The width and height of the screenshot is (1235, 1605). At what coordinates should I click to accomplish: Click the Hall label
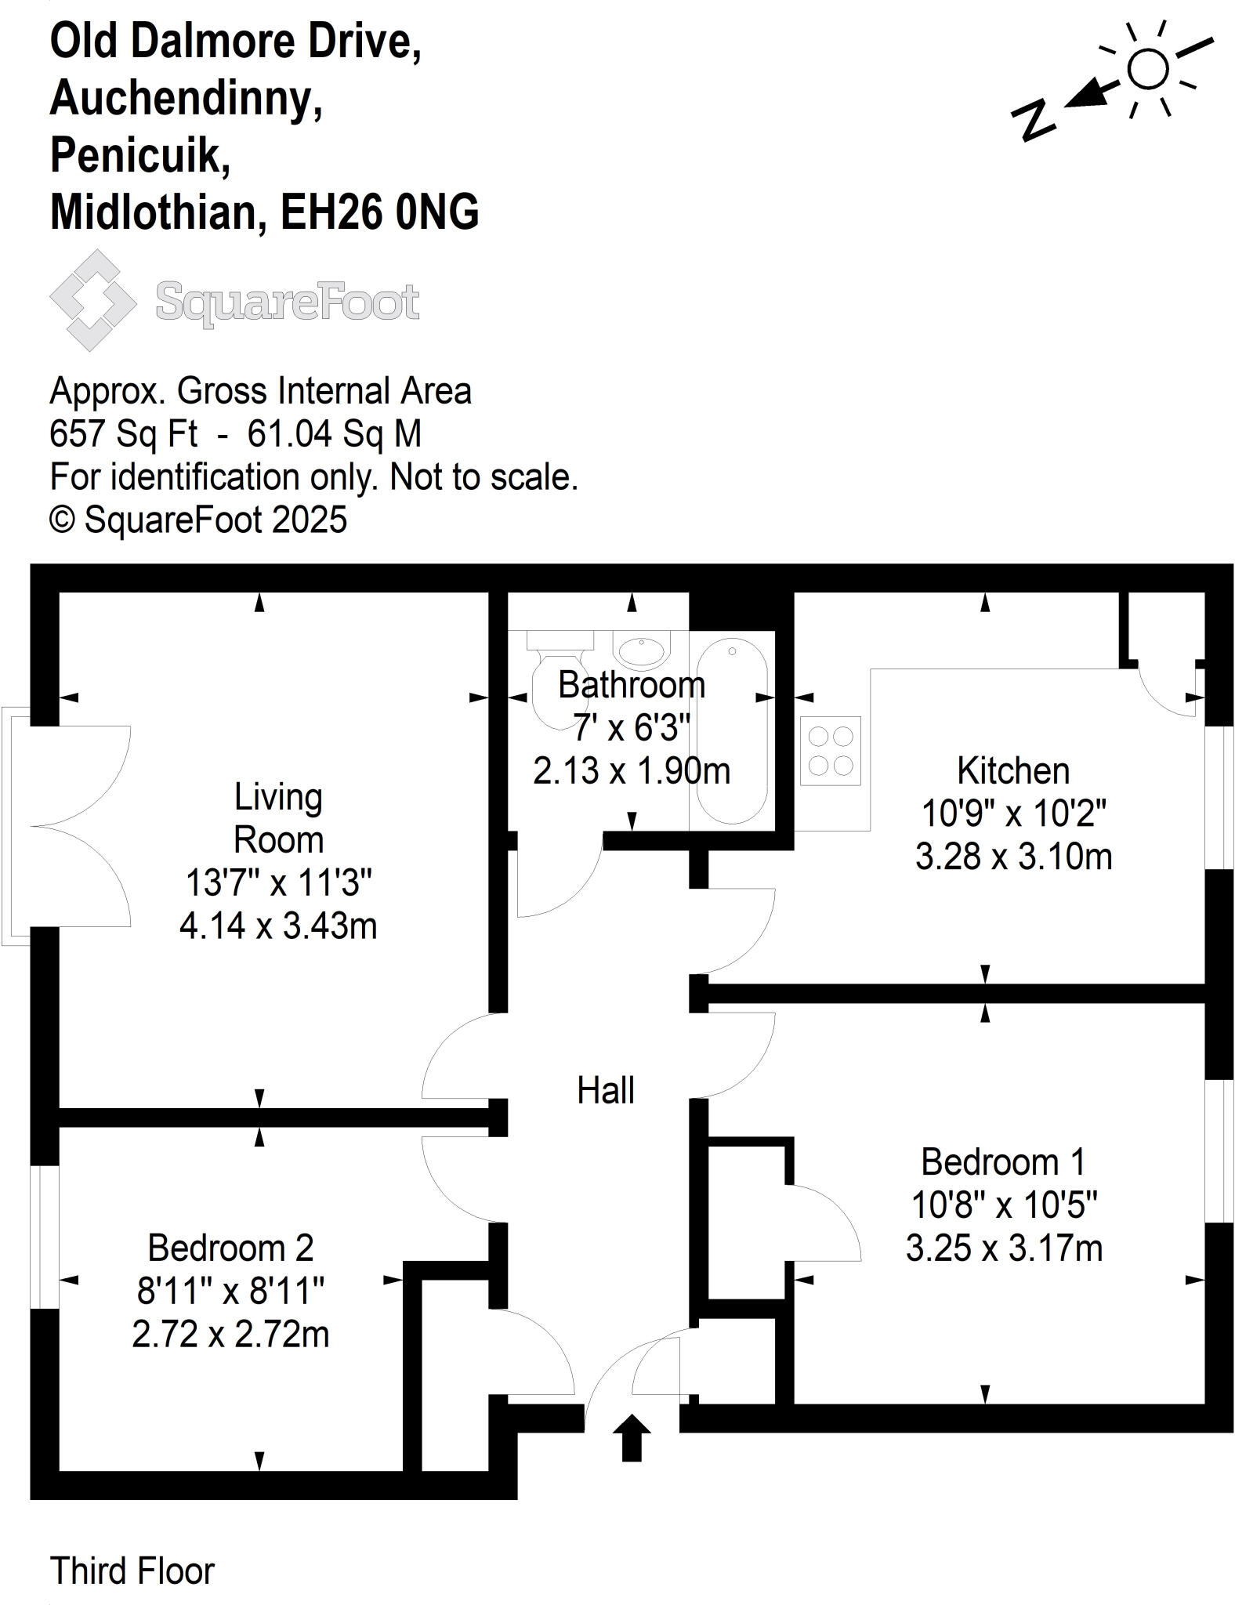tap(605, 1090)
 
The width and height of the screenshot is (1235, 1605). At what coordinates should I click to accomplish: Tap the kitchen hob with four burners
tap(830, 751)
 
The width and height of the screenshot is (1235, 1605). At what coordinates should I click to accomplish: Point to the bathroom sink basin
tap(642, 650)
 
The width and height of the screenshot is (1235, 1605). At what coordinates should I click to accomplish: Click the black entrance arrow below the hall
tap(632, 1437)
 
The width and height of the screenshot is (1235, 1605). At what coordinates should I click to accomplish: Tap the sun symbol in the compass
tap(1147, 69)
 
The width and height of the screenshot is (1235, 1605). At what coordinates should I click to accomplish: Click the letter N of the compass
tap(1034, 119)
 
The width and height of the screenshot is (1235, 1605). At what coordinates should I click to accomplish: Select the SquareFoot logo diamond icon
tap(92, 300)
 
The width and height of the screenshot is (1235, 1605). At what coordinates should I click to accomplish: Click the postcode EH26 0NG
tap(379, 212)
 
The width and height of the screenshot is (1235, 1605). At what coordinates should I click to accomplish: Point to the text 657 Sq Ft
tap(123, 433)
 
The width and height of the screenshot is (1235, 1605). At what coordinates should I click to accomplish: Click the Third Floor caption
tap(132, 1571)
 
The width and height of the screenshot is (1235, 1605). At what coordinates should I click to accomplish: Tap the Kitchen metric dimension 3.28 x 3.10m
tap(1013, 857)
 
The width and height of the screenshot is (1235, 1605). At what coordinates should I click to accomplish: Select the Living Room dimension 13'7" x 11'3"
tap(278, 883)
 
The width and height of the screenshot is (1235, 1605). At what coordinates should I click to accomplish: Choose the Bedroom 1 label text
tap(1004, 1162)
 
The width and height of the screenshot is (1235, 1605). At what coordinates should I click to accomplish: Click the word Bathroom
tap(632, 686)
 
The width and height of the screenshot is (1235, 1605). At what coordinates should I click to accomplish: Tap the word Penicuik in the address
tap(140, 155)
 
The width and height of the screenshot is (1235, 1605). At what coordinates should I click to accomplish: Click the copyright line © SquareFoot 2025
tap(198, 520)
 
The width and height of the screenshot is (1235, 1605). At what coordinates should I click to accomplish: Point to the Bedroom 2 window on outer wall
tap(45, 1237)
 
